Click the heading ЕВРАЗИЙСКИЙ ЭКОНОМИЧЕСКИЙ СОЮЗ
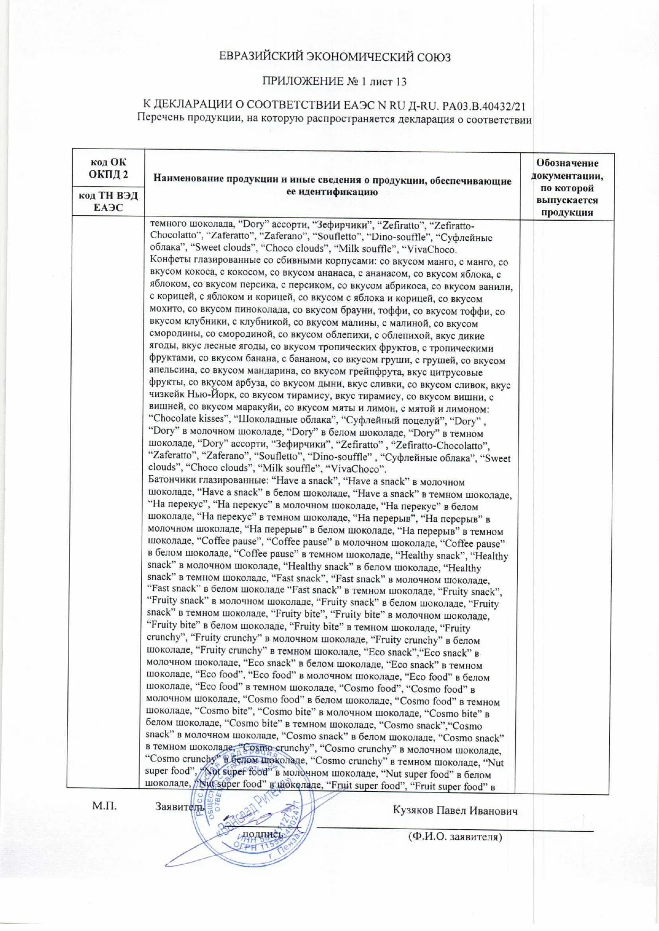coord(335,57)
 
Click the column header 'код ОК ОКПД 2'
coord(108,168)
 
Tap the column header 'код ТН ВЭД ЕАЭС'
coord(108,202)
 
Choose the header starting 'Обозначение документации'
coord(567,187)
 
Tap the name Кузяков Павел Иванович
coord(455,811)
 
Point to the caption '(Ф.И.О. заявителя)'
coord(455,837)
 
